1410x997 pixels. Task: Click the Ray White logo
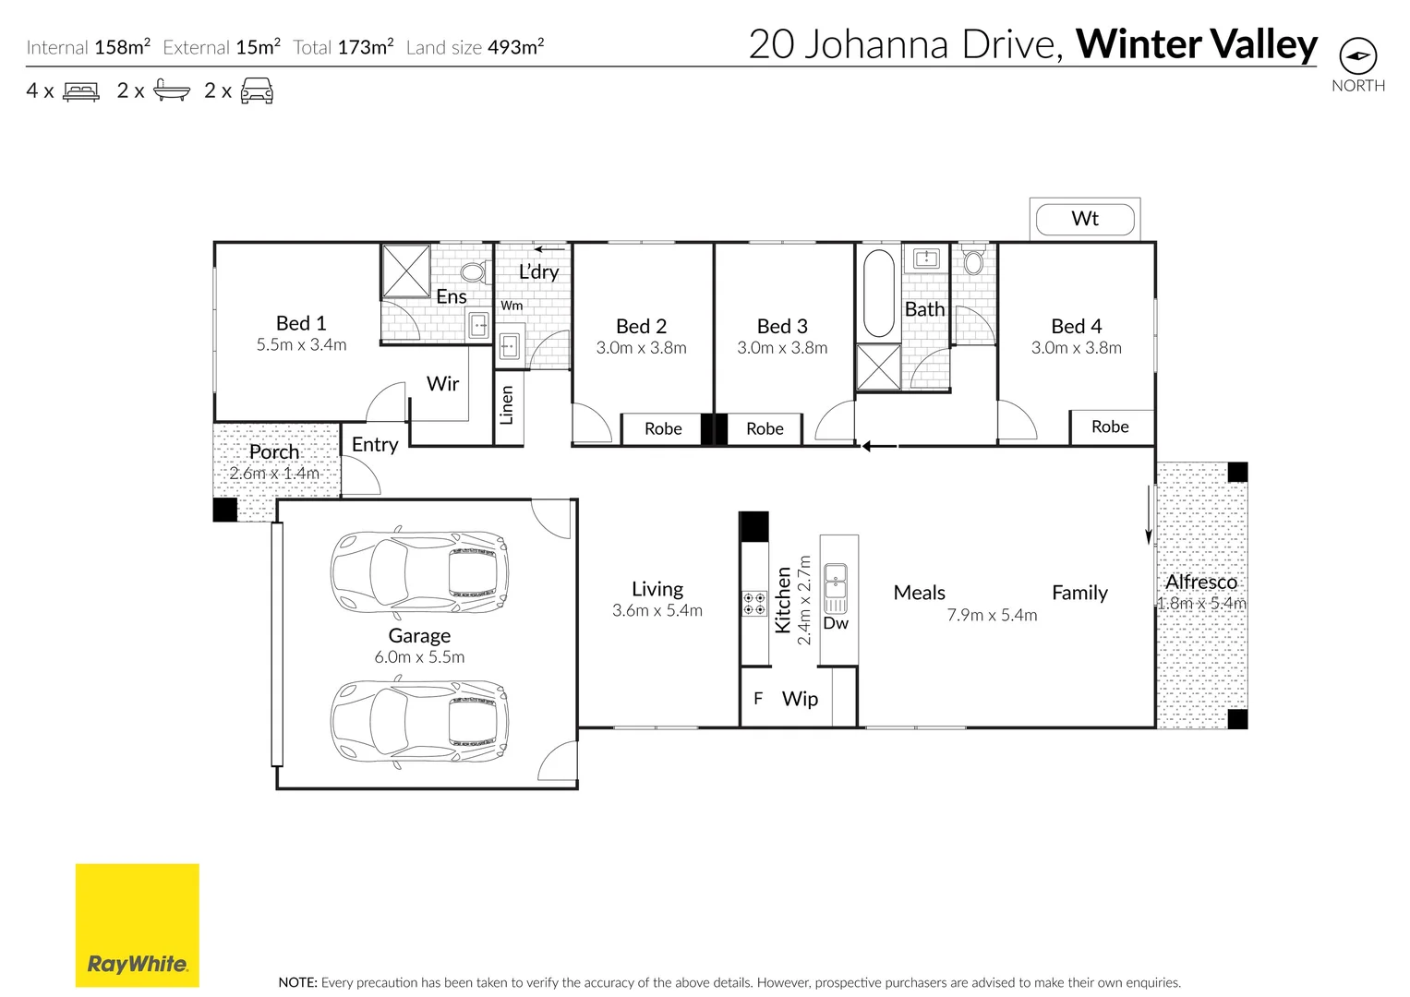[137, 925]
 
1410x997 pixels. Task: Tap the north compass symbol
[1357, 56]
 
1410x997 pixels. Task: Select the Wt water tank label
[1085, 219]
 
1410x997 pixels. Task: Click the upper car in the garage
[419, 572]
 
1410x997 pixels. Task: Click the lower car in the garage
[419, 721]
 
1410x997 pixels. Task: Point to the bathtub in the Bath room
[877, 293]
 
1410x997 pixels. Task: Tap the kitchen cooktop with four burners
[754, 604]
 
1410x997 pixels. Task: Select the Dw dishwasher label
[836, 623]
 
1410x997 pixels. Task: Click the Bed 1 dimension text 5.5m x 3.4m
[301, 345]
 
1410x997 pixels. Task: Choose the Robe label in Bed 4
[1110, 426]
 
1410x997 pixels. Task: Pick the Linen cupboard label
[506, 406]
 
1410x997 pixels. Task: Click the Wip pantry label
[800, 699]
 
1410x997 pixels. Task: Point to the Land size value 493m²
[515, 47]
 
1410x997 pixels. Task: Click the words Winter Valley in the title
[1197, 44]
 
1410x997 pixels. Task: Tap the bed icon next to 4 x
[80, 91]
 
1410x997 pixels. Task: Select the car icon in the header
[257, 91]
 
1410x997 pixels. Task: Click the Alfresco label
[1200, 582]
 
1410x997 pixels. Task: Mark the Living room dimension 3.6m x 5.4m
[657, 611]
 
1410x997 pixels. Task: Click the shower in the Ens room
[406, 271]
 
